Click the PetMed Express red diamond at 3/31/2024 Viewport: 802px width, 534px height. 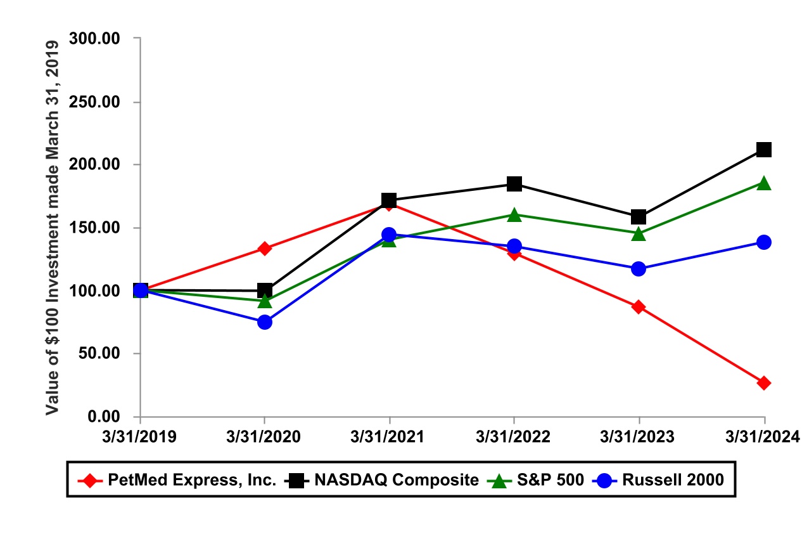[x=764, y=383]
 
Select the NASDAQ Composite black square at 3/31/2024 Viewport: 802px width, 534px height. [x=764, y=150]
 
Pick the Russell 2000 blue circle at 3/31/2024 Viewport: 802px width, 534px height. [x=764, y=242]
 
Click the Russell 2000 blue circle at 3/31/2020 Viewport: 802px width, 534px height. [x=265, y=322]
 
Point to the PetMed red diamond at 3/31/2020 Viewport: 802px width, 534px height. [x=265, y=249]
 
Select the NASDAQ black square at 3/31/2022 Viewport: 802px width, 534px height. [x=514, y=184]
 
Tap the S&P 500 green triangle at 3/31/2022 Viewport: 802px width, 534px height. [x=514, y=215]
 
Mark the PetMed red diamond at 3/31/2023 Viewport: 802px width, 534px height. [x=639, y=307]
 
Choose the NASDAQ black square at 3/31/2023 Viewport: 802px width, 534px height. [x=639, y=217]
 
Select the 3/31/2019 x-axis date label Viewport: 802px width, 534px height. [x=141, y=437]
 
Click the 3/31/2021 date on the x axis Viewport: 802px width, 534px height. [x=389, y=437]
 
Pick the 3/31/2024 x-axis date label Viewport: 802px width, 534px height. [x=764, y=437]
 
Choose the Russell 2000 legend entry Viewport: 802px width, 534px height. [x=672, y=480]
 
